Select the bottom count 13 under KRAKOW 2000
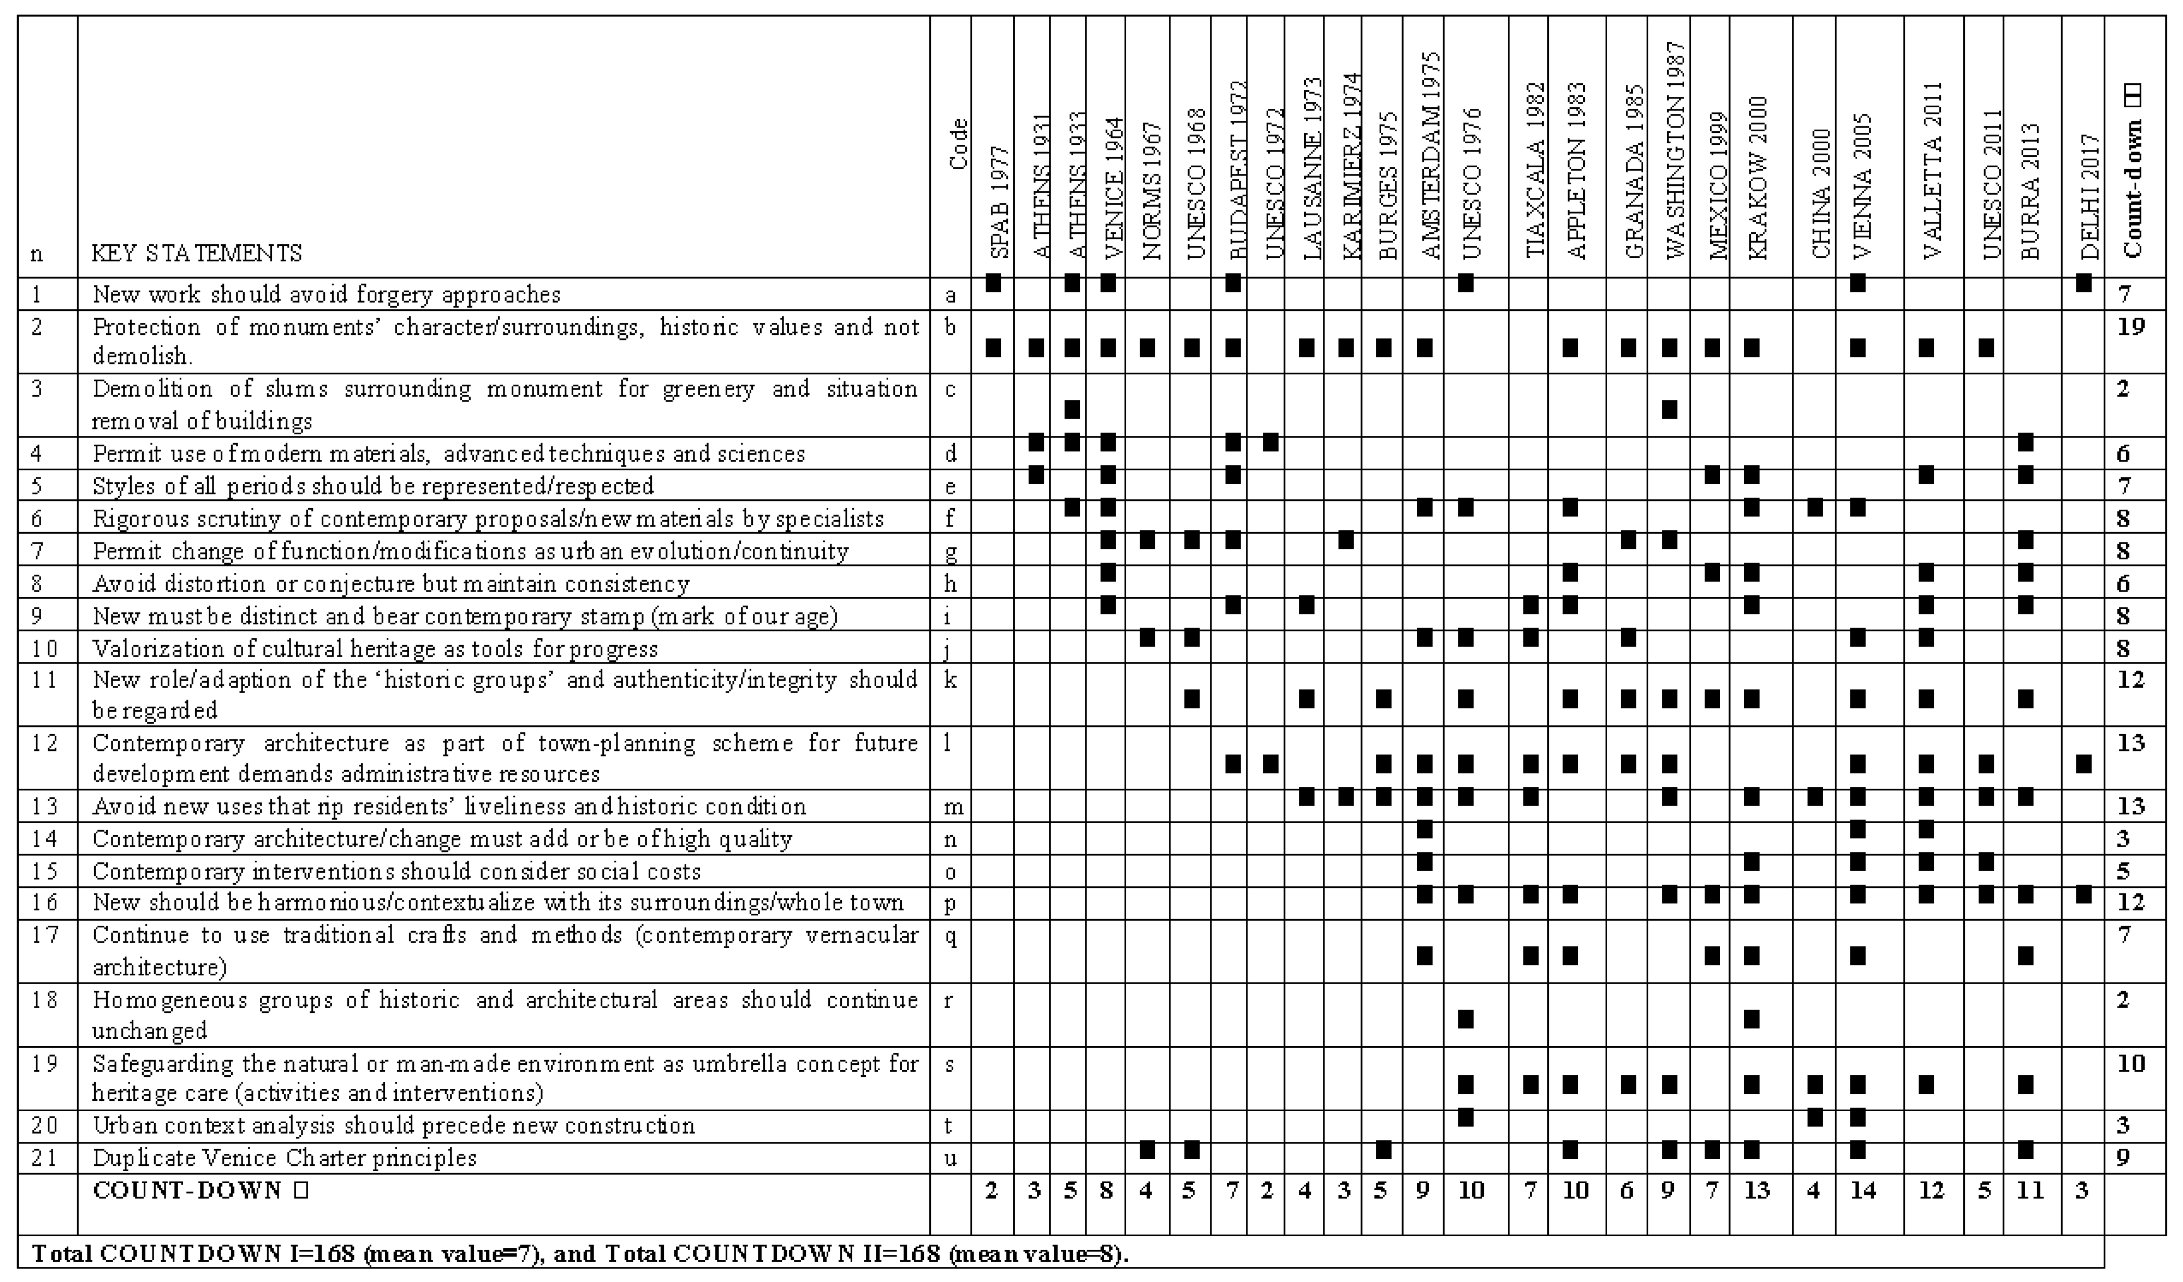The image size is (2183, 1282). click(x=1756, y=1191)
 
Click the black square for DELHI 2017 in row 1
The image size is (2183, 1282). click(x=2084, y=282)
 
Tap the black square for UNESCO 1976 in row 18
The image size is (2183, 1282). click(x=1466, y=1019)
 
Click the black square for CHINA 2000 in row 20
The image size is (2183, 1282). click(x=1815, y=1117)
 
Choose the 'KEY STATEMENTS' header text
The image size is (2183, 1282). click(x=197, y=254)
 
